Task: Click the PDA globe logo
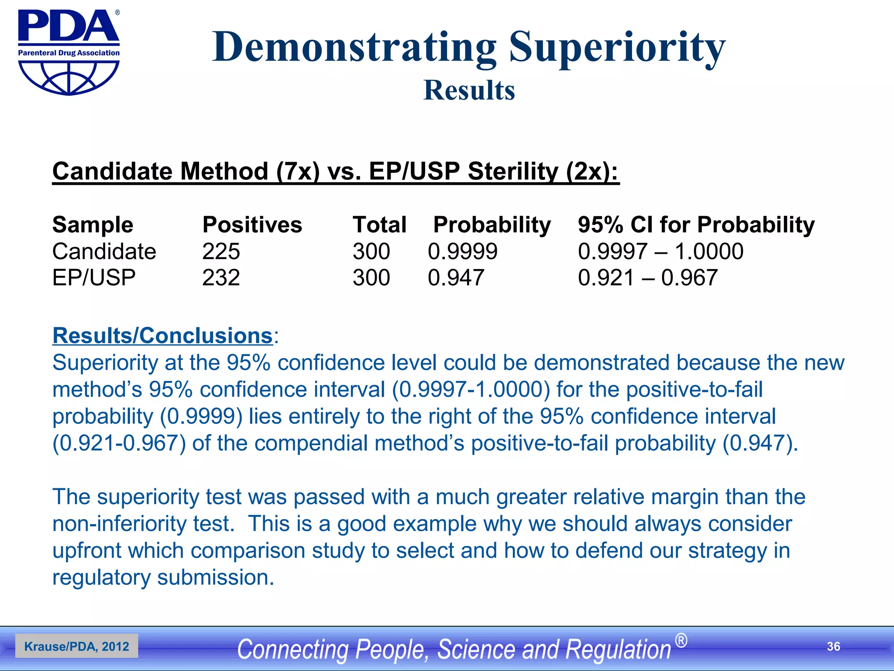pyautogui.click(x=69, y=52)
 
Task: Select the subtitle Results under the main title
pyautogui.click(x=469, y=90)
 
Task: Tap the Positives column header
pyautogui.click(x=252, y=225)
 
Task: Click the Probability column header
pyautogui.click(x=492, y=225)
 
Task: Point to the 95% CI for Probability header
pyautogui.click(x=696, y=225)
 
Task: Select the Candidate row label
pyautogui.click(x=104, y=252)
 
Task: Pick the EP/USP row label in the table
pyautogui.click(x=94, y=278)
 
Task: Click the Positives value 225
pyautogui.click(x=221, y=252)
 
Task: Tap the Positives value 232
pyautogui.click(x=221, y=278)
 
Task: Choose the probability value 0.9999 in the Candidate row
pyautogui.click(x=462, y=252)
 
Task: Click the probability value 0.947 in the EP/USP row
pyautogui.click(x=456, y=278)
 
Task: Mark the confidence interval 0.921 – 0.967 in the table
pyautogui.click(x=647, y=278)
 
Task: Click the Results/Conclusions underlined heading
pyautogui.click(x=162, y=335)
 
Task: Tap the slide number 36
pyautogui.click(x=833, y=647)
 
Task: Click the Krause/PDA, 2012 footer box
pyautogui.click(x=77, y=647)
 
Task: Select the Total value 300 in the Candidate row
pyautogui.click(x=371, y=252)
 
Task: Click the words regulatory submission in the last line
pyautogui.click(x=163, y=578)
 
